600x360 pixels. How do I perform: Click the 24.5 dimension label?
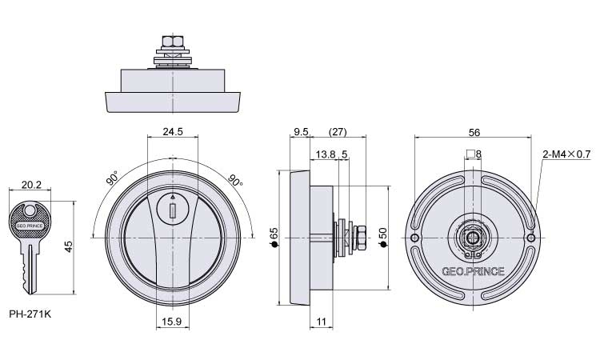pyautogui.click(x=173, y=132)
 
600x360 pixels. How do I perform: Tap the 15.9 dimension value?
pyautogui.click(x=171, y=322)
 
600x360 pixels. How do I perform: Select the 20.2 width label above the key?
pyautogui.click(x=31, y=185)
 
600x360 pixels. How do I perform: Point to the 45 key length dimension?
pyautogui.click(x=68, y=246)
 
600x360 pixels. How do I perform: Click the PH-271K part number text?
pyautogui.click(x=30, y=314)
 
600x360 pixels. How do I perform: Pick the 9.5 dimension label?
pyautogui.click(x=301, y=132)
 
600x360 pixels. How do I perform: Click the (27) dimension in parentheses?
pyautogui.click(x=338, y=132)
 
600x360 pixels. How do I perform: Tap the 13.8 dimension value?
pyautogui.click(x=326, y=154)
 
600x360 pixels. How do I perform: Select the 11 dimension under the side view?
pyautogui.click(x=322, y=322)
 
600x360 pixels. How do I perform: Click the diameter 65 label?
pyautogui.click(x=274, y=237)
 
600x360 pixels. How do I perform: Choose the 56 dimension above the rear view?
pyautogui.click(x=474, y=132)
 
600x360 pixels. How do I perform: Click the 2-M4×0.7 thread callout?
pyautogui.click(x=566, y=154)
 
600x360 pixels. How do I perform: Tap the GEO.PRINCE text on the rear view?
pyautogui.click(x=473, y=271)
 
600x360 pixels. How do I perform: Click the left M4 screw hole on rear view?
pyautogui.click(x=414, y=238)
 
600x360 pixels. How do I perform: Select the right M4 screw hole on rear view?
pyautogui.click(x=530, y=238)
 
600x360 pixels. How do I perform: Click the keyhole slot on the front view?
pyautogui.click(x=173, y=210)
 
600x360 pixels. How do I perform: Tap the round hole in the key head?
pyautogui.click(x=30, y=210)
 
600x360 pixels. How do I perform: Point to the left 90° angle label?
pyautogui.click(x=113, y=178)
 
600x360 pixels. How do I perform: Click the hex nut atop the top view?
pyautogui.click(x=173, y=41)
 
